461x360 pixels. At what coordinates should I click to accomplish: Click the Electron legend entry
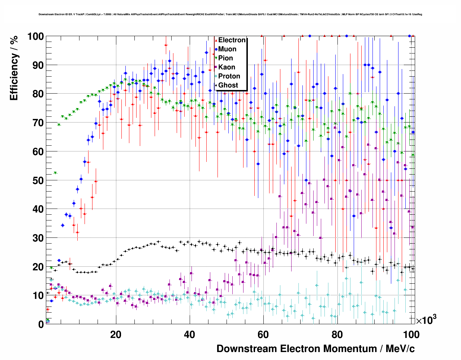point(232,40)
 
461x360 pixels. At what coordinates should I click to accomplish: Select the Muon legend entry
point(227,49)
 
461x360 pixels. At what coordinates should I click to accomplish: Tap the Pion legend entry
point(225,58)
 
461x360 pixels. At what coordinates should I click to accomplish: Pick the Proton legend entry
point(229,76)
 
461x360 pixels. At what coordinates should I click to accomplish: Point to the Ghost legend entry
point(228,85)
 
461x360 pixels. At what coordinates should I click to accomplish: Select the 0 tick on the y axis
point(41,324)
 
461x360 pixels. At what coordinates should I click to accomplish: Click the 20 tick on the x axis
point(116,334)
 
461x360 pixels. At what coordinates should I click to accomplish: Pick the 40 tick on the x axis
point(189,334)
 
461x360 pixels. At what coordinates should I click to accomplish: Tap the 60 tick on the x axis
point(263,334)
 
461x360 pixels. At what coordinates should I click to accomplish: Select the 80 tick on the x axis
point(337,334)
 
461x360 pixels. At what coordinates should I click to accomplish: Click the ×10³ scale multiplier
point(426,320)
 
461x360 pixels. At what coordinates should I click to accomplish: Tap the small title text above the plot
point(230,14)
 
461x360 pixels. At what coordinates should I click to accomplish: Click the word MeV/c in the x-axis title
point(400,349)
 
